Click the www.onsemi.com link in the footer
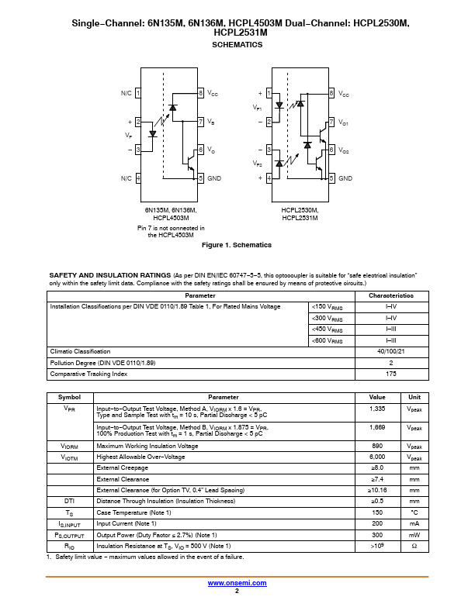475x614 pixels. (x=237, y=583)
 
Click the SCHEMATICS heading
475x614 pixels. (x=237, y=45)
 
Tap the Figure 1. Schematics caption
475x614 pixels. (x=237, y=245)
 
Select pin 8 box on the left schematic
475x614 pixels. (x=201, y=93)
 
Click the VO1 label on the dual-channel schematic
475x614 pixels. (x=344, y=122)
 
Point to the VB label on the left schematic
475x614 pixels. (x=211, y=122)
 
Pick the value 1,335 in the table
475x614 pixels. (x=377, y=408)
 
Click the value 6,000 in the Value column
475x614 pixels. (x=377, y=457)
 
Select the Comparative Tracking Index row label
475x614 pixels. (x=88, y=374)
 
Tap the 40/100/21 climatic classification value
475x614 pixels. (x=391, y=351)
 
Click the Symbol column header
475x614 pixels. (x=69, y=397)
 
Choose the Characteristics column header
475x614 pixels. (x=391, y=296)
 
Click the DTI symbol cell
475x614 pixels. (x=69, y=501)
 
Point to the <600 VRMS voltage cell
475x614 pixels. (x=328, y=340)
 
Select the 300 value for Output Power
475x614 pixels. (x=377, y=535)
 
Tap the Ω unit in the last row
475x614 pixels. (x=414, y=546)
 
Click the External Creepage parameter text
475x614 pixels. (x=118, y=467)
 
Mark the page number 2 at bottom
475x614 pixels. (x=237, y=591)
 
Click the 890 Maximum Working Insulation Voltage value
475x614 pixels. (x=377, y=446)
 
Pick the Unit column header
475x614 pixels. (x=414, y=397)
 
